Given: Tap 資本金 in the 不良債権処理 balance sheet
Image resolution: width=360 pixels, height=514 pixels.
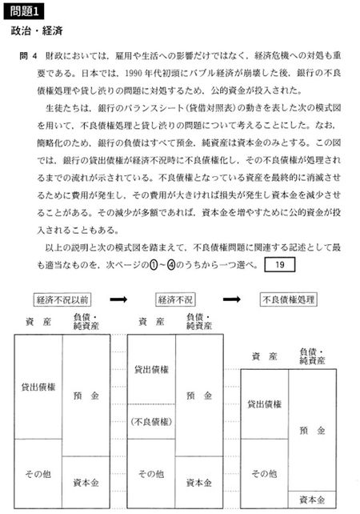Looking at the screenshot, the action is (313, 500).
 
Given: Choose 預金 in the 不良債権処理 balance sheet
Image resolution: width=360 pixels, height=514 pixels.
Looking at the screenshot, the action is (313, 431).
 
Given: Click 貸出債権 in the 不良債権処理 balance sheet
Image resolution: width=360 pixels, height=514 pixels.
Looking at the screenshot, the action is (264, 404).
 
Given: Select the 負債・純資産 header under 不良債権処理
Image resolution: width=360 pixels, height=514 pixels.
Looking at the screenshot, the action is (313, 356).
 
